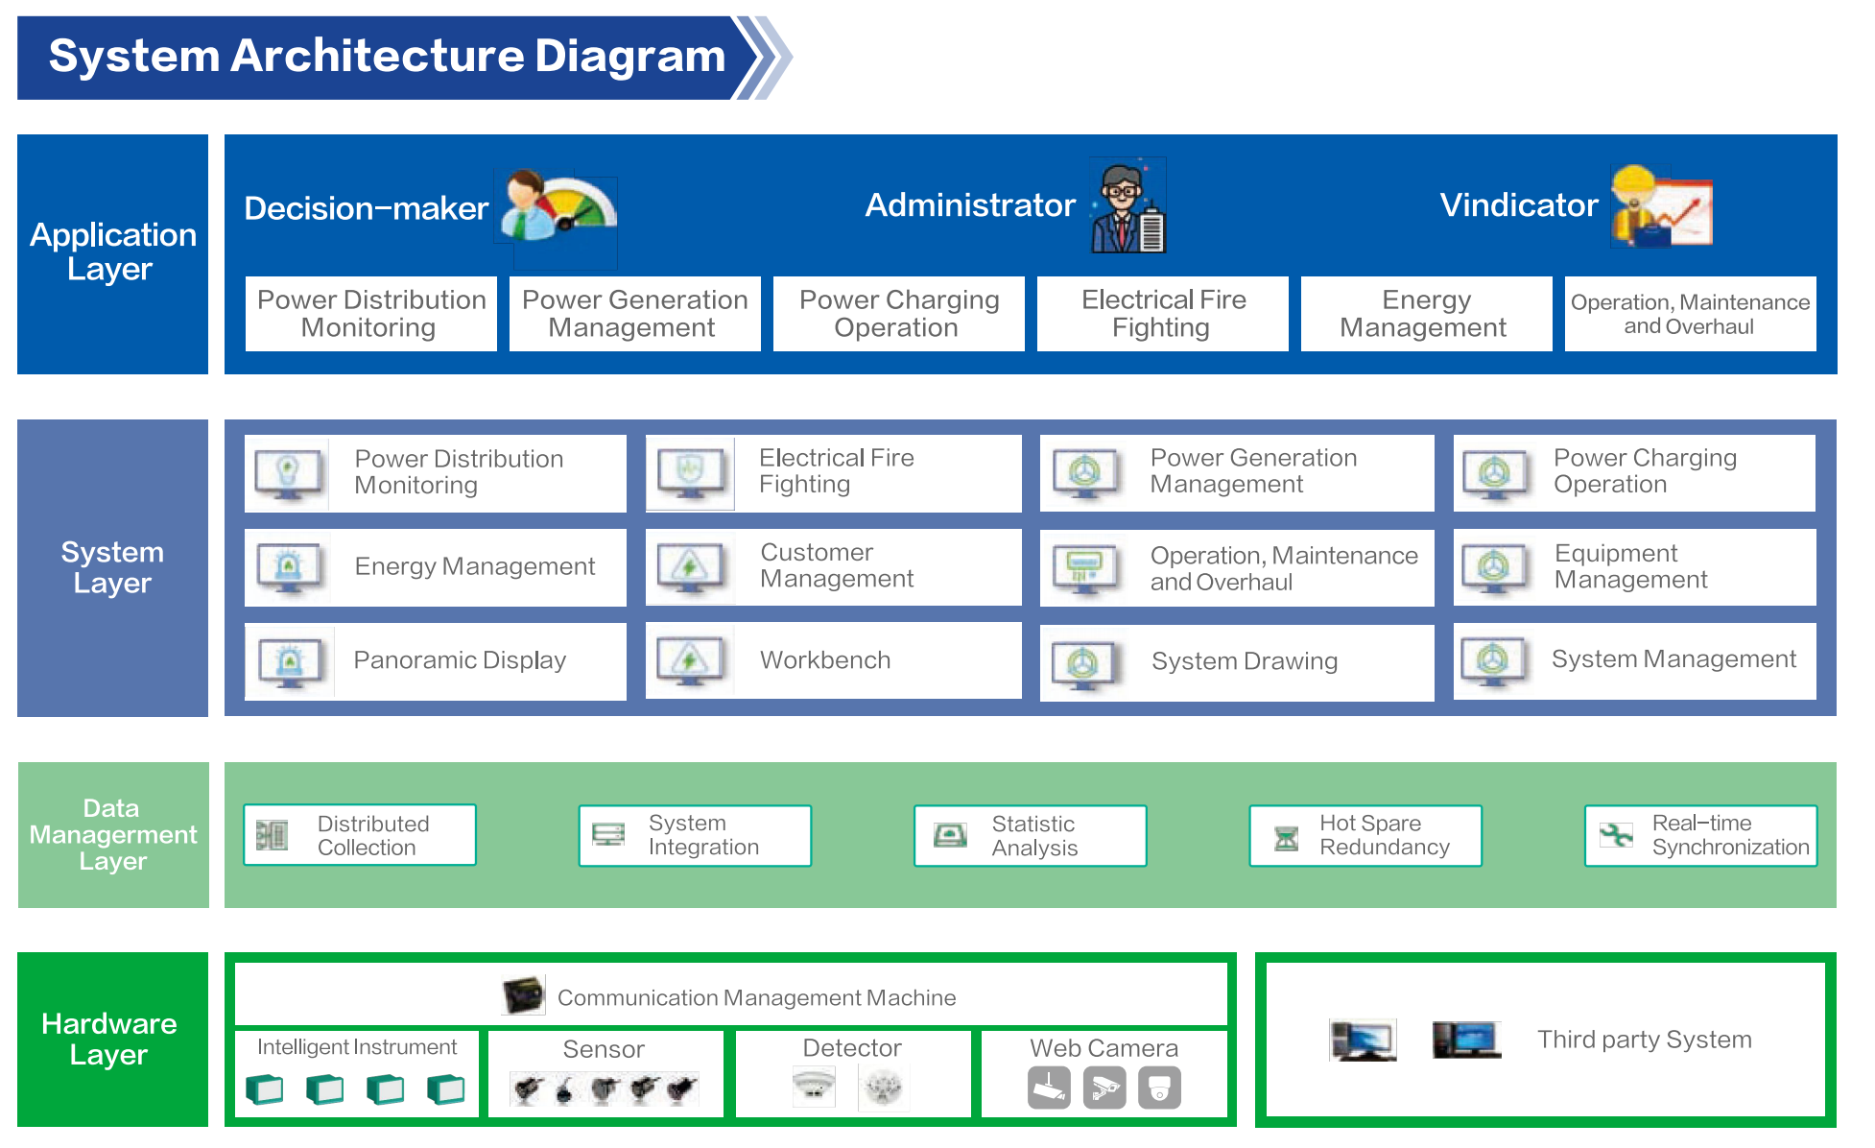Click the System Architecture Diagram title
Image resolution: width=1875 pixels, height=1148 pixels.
(387, 56)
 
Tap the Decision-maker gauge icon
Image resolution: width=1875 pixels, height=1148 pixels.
(557, 207)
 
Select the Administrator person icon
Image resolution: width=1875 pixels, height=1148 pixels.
(1128, 206)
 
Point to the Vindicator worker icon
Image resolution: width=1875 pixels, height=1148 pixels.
(1661, 206)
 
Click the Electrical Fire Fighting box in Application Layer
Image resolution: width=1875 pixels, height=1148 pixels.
(1163, 314)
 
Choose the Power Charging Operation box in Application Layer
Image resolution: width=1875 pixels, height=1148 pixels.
(899, 314)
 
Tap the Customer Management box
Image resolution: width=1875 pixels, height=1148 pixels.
(834, 566)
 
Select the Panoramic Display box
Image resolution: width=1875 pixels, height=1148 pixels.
(436, 660)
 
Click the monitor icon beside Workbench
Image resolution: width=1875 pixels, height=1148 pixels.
(690, 661)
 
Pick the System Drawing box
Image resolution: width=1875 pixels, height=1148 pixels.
(1237, 662)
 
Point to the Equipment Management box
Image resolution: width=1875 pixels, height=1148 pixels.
(1635, 566)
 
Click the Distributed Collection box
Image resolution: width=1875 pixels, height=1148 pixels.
(360, 835)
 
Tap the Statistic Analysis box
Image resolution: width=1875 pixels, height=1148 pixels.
(1031, 836)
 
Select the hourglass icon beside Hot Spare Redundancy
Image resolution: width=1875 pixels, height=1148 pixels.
(1286, 838)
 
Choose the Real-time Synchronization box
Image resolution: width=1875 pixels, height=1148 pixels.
(1701, 836)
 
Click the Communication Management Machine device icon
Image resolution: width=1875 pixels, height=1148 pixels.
(524, 995)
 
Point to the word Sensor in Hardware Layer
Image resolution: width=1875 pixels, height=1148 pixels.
(604, 1049)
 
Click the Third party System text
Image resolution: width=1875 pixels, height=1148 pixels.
(1645, 1040)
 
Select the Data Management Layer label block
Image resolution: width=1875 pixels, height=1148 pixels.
(113, 835)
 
